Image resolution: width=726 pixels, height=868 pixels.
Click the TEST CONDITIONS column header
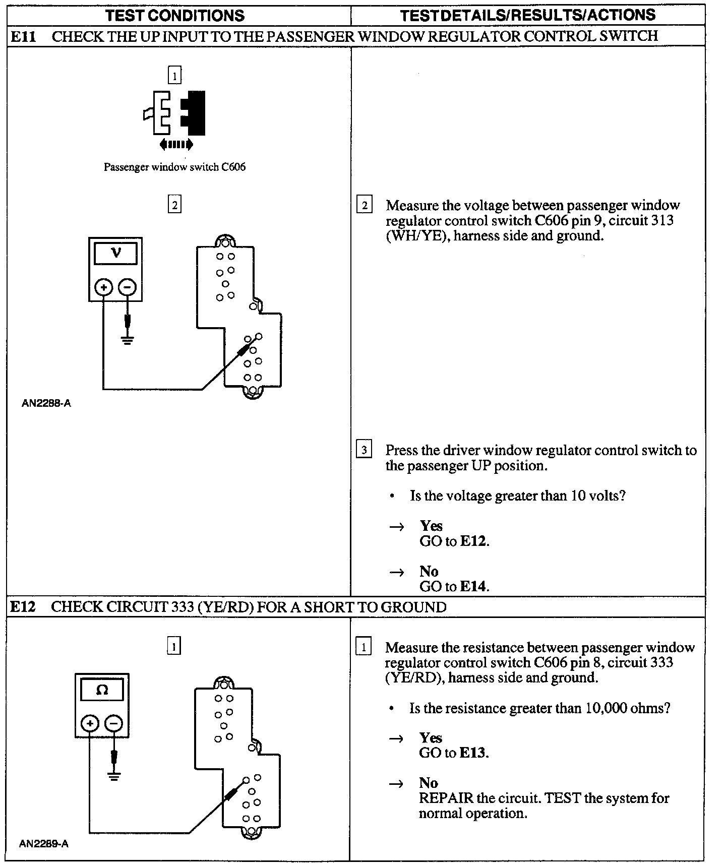click(175, 15)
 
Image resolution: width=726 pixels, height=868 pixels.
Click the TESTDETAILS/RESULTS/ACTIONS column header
click(528, 15)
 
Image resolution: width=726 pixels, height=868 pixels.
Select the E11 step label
click(23, 36)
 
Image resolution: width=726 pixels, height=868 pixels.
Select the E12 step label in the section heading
click(23, 607)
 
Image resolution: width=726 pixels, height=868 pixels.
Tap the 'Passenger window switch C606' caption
click(174, 167)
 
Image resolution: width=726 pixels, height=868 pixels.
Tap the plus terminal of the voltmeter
click(103, 287)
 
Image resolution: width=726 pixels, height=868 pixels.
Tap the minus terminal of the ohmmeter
click(114, 724)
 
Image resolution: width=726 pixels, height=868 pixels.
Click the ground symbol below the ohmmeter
click(114, 776)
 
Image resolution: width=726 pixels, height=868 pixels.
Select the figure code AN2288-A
click(46, 403)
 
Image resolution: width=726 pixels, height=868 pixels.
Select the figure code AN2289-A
click(44, 844)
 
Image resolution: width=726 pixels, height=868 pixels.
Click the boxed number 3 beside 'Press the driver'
click(364, 449)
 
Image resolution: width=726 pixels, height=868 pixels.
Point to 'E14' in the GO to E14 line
click(474, 586)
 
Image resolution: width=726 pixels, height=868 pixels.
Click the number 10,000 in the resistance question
click(607, 708)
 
